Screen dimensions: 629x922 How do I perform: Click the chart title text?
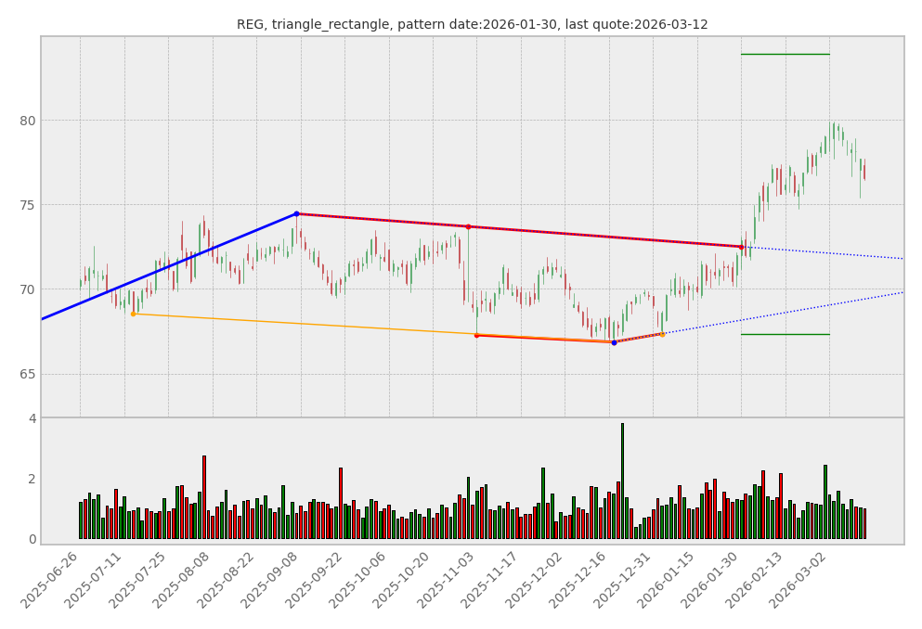pos(472,25)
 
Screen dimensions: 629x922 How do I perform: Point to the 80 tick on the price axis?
pos(28,121)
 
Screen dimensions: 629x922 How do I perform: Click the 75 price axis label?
pos(28,205)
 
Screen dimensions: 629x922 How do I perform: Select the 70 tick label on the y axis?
pos(28,289)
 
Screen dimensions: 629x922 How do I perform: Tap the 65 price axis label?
pos(28,374)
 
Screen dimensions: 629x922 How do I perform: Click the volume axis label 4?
pos(32,418)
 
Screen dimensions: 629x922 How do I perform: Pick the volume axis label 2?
pos(32,479)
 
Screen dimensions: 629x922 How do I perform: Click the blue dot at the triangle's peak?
pos(296,213)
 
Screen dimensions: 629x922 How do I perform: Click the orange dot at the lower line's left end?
pos(133,314)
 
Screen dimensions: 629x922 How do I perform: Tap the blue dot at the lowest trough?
pos(614,342)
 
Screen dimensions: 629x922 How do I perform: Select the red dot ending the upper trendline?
pos(741,247)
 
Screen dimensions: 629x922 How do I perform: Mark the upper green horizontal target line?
pos(785,54)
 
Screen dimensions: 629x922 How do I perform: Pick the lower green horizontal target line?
pos(785,334)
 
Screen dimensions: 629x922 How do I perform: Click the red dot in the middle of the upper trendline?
pos(468,226)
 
